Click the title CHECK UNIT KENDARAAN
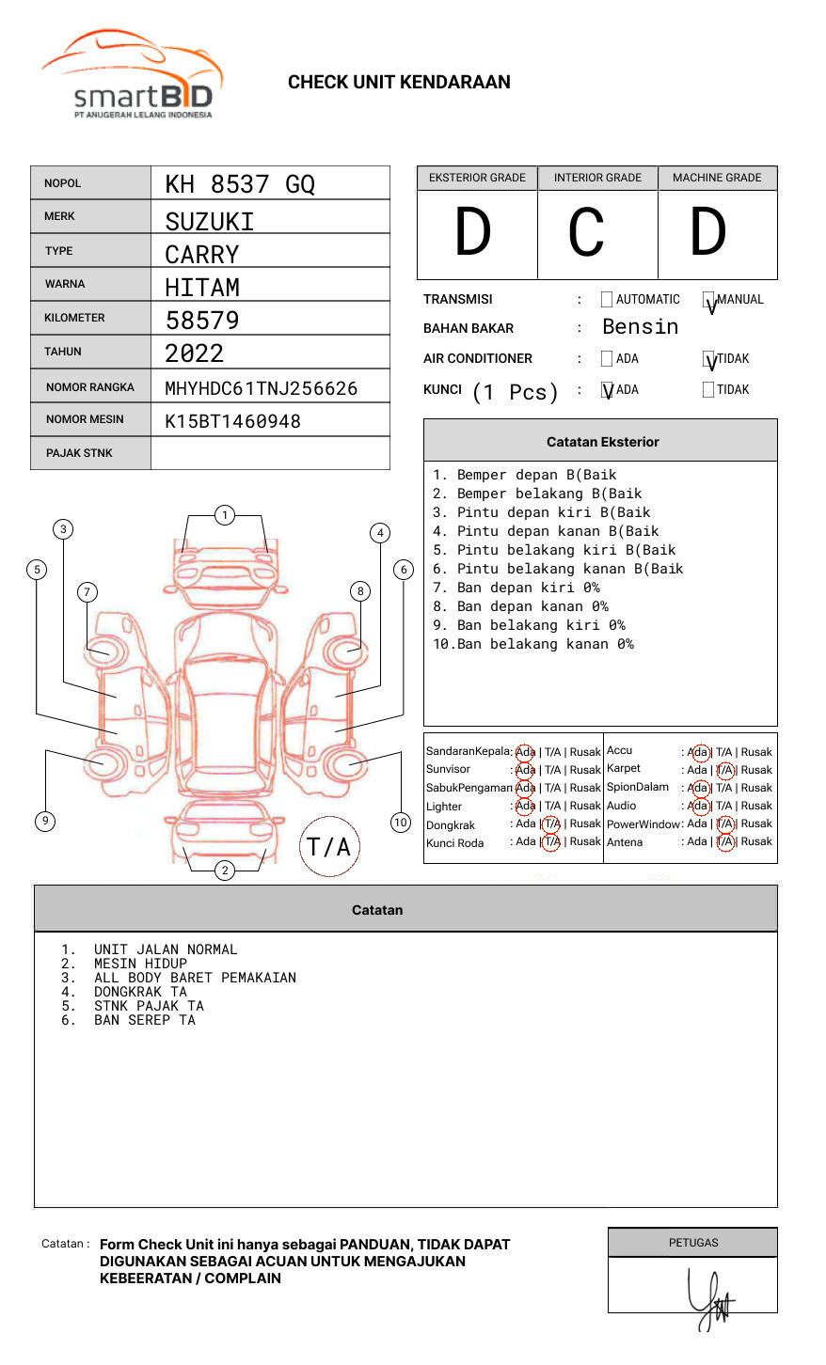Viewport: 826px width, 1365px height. click(x=399, y=83)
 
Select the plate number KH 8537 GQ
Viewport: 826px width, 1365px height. click(x=240, y=184)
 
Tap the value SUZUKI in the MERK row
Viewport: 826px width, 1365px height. click(x=210, y=222)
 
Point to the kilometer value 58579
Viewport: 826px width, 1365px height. click(x=202, y=321)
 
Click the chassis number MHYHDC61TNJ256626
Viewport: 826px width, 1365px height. click(x=262, y=388)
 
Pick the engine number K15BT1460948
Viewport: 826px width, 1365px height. click(x=233, y=421)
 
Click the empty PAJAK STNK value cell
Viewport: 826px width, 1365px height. click(x=270, y=453)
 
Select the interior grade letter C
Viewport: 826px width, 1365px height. click(x=586, y=233)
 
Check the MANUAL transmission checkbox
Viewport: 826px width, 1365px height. click(x=709, y=301)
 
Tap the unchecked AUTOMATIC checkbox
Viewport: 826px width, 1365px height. click(x=607, y=300)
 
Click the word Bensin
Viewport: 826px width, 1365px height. click(x=640, y=327)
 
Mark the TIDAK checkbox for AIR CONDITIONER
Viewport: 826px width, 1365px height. click(x=709, y=360)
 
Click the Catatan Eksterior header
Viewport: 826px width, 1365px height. click(x=602, y=442)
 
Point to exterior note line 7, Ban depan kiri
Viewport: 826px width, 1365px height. click(x=516, y=588)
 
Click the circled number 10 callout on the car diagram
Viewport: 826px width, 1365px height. click(x=401, y=823)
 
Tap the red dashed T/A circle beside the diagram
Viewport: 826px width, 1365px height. click(x=329, y=846)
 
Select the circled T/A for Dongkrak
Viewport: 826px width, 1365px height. click(x=551, y=824)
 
